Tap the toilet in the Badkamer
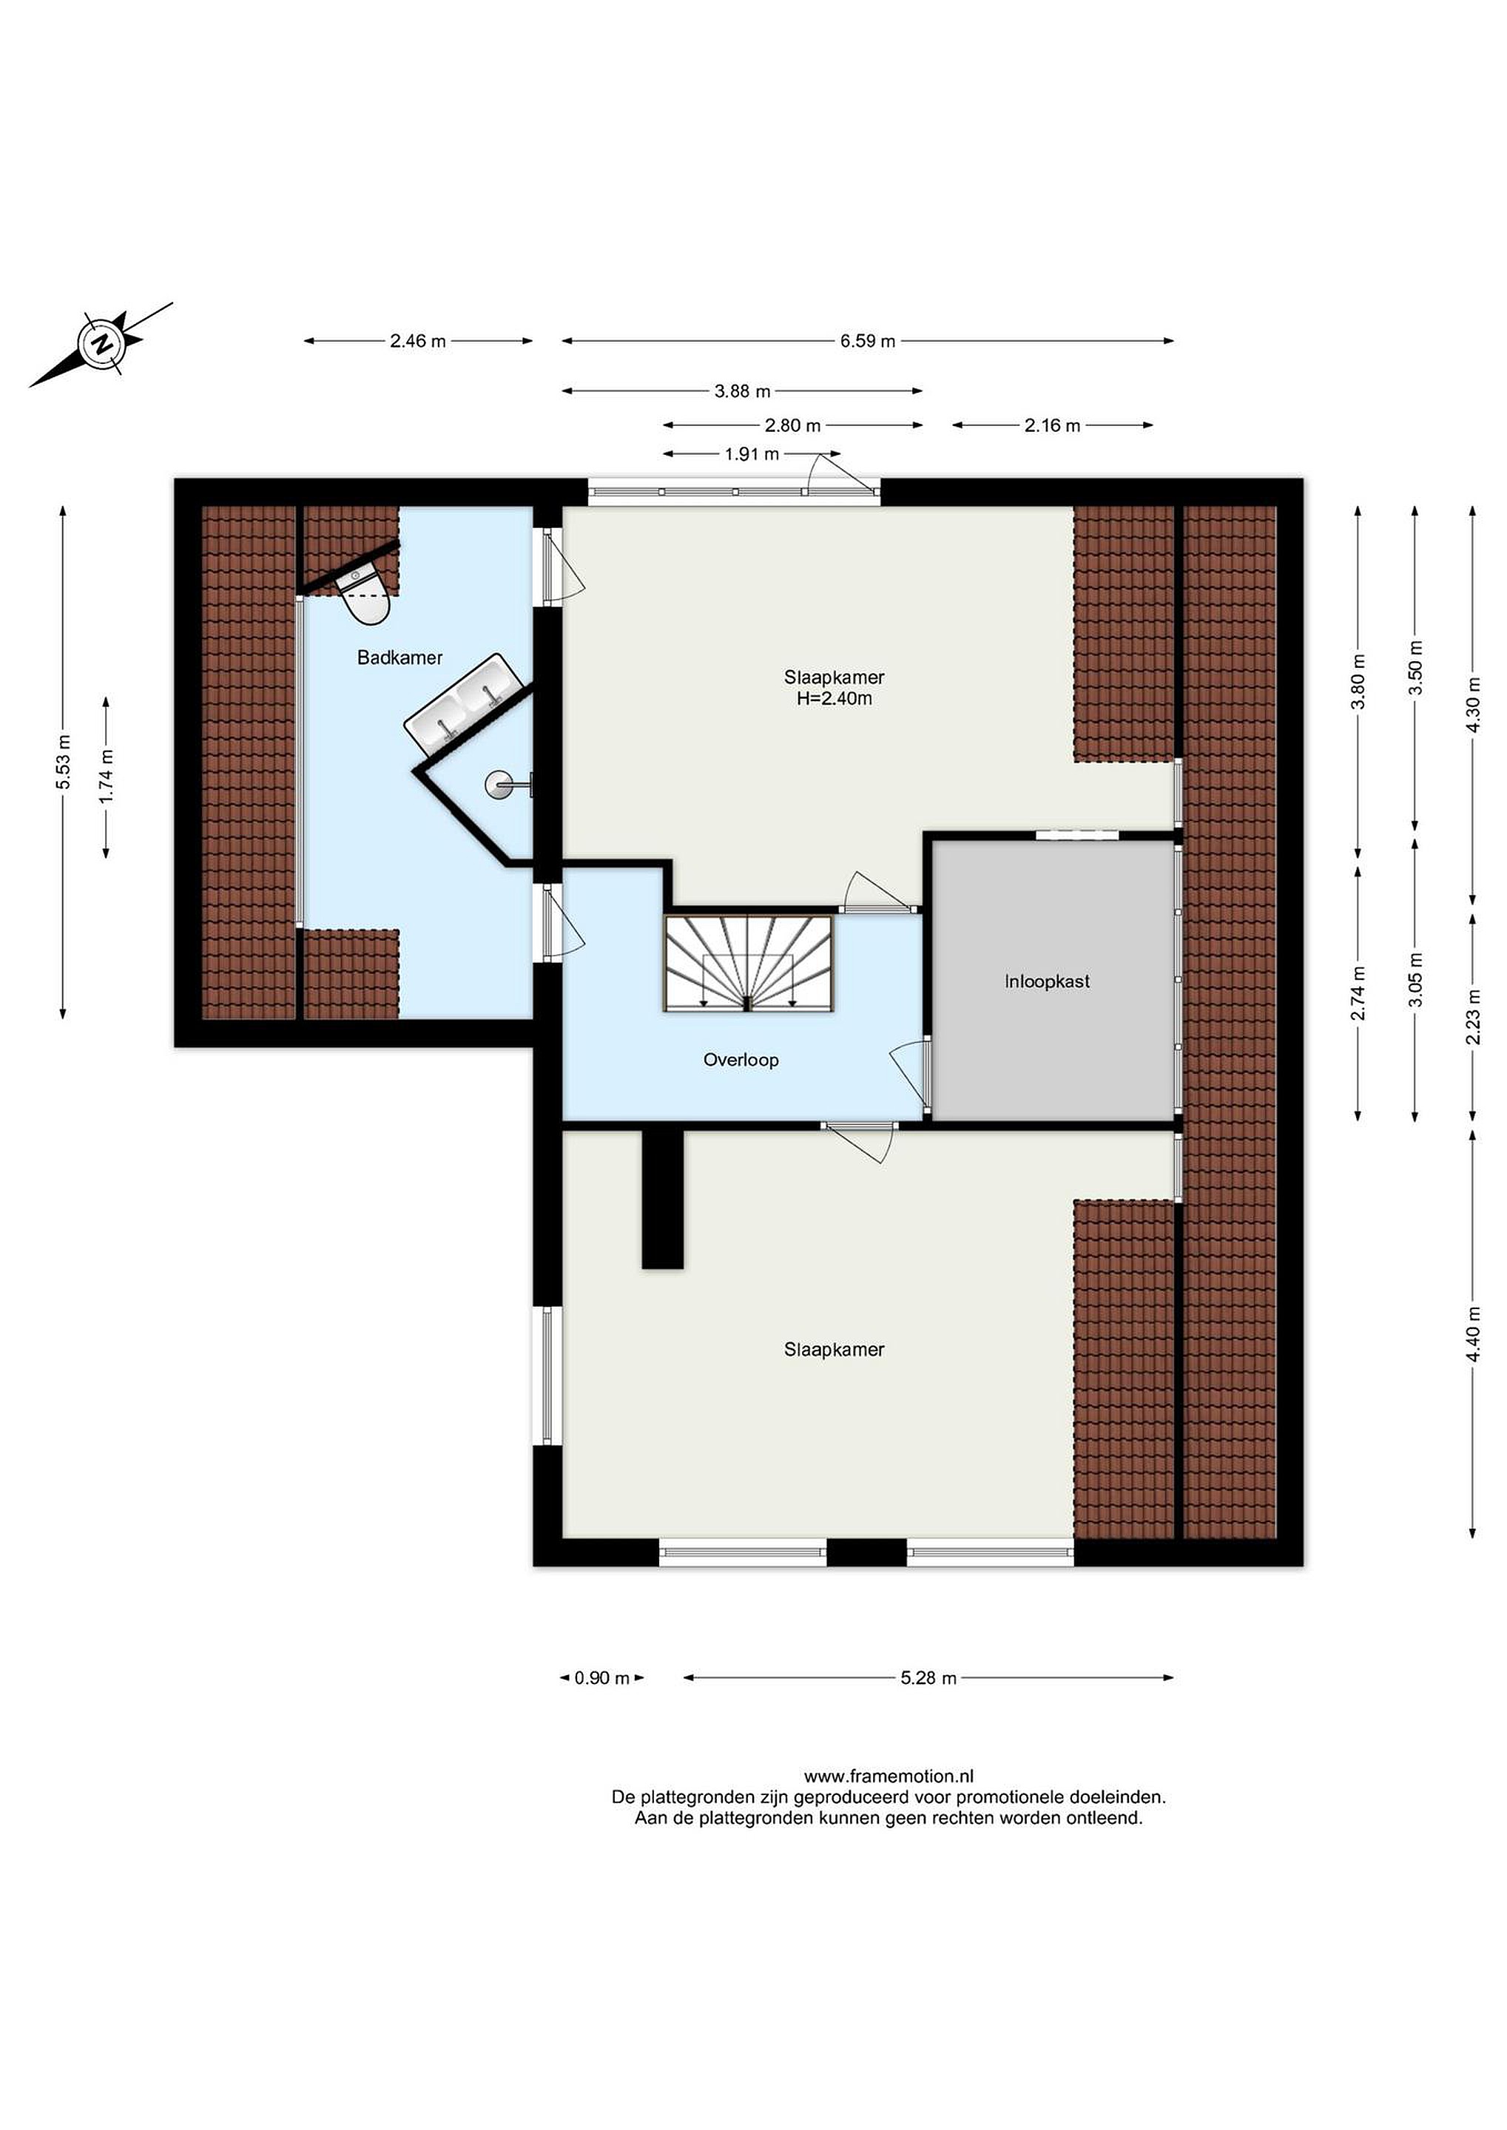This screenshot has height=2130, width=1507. coord(364,595)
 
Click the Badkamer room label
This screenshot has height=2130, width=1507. coord(400,657)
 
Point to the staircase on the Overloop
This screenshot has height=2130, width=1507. coord(748,963)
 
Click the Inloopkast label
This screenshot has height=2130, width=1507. coord(1047,981)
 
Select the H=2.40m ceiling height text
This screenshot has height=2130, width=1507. coord(835,699)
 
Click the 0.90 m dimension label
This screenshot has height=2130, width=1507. coord(602,1677)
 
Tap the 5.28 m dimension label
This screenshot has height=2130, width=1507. coord(928,1677)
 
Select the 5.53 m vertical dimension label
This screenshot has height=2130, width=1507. coord(63,762)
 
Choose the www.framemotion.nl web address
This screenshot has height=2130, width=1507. coord(888,1776)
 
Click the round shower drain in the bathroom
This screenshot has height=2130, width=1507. coord(496,785)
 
